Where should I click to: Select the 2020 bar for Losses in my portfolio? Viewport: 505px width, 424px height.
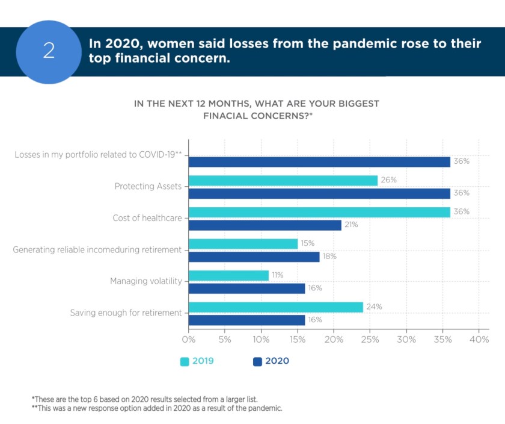coord(319,162)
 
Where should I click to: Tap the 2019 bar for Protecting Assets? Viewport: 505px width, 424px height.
coord(283,181)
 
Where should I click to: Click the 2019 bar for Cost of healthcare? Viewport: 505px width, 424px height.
coord(319,212)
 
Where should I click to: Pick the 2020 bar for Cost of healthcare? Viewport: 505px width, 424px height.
coord(265,225)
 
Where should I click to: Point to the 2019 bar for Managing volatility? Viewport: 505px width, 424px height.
coord(228,275)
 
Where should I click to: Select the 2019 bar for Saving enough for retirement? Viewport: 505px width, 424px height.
coord(276,307)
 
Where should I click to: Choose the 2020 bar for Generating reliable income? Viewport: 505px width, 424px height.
coord(254,257)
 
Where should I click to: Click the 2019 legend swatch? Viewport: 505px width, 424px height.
coord(185,362)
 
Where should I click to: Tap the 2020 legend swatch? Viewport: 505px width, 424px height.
coord(257,362)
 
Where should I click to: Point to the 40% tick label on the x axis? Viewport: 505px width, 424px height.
coord(479,340)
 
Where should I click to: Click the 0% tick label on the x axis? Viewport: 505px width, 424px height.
coord(189,340)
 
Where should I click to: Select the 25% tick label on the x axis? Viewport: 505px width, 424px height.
coord(370,340)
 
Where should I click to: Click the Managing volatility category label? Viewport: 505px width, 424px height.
coord(146,281)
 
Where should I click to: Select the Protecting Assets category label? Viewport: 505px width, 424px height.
coord(148,186)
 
